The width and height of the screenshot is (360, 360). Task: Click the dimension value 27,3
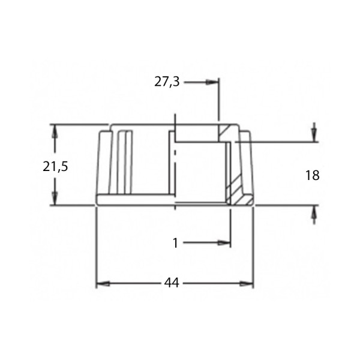tap(167, 82)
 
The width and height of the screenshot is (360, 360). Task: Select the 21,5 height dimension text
tap(55, 166)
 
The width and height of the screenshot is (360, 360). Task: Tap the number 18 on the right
tap(312, 175)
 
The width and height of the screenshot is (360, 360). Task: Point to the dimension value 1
tap(175, 243)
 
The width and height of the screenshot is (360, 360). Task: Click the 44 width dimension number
tap(172, 283)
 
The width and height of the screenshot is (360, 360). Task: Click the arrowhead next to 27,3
tap(211, 82)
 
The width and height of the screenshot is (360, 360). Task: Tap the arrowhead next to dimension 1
tap(224, 242)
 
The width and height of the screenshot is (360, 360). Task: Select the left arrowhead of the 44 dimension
tap(103, 284)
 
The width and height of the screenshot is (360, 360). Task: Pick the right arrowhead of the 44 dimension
tap(247, 284)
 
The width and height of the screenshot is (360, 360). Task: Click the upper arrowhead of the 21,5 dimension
tap(55, 131)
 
